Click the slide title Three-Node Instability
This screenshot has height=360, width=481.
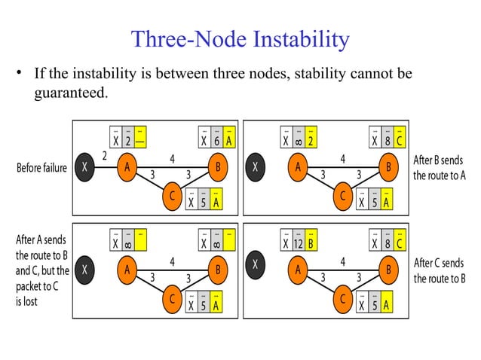(240, 39)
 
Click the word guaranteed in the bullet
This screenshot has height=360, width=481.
(64, 93)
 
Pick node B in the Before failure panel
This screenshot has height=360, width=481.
(218, 168)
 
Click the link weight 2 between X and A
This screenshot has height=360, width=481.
(104, 155)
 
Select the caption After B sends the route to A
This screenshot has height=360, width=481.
(440, 167)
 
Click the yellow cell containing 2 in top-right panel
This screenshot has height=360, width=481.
(310, 140)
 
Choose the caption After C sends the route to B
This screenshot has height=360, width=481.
(440, 270)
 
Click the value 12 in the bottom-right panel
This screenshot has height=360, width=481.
(297, 243)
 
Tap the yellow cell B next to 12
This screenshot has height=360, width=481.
(310, 243)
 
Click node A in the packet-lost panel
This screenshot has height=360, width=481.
(128, 268)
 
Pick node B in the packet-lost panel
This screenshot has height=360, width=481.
(218, 268)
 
